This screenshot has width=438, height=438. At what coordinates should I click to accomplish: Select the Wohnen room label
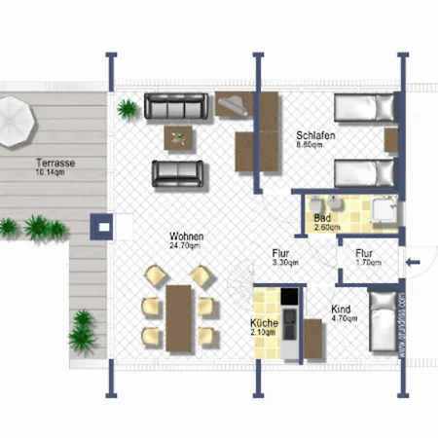[x=186, y=237]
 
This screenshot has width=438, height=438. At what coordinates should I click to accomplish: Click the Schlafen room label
[x=315, y=135]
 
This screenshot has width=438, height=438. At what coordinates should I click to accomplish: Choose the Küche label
[x=264, y=322]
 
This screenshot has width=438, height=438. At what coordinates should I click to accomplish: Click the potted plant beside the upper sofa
[x=127, y=106]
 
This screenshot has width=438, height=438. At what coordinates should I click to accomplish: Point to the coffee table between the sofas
[x=178, y=137]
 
